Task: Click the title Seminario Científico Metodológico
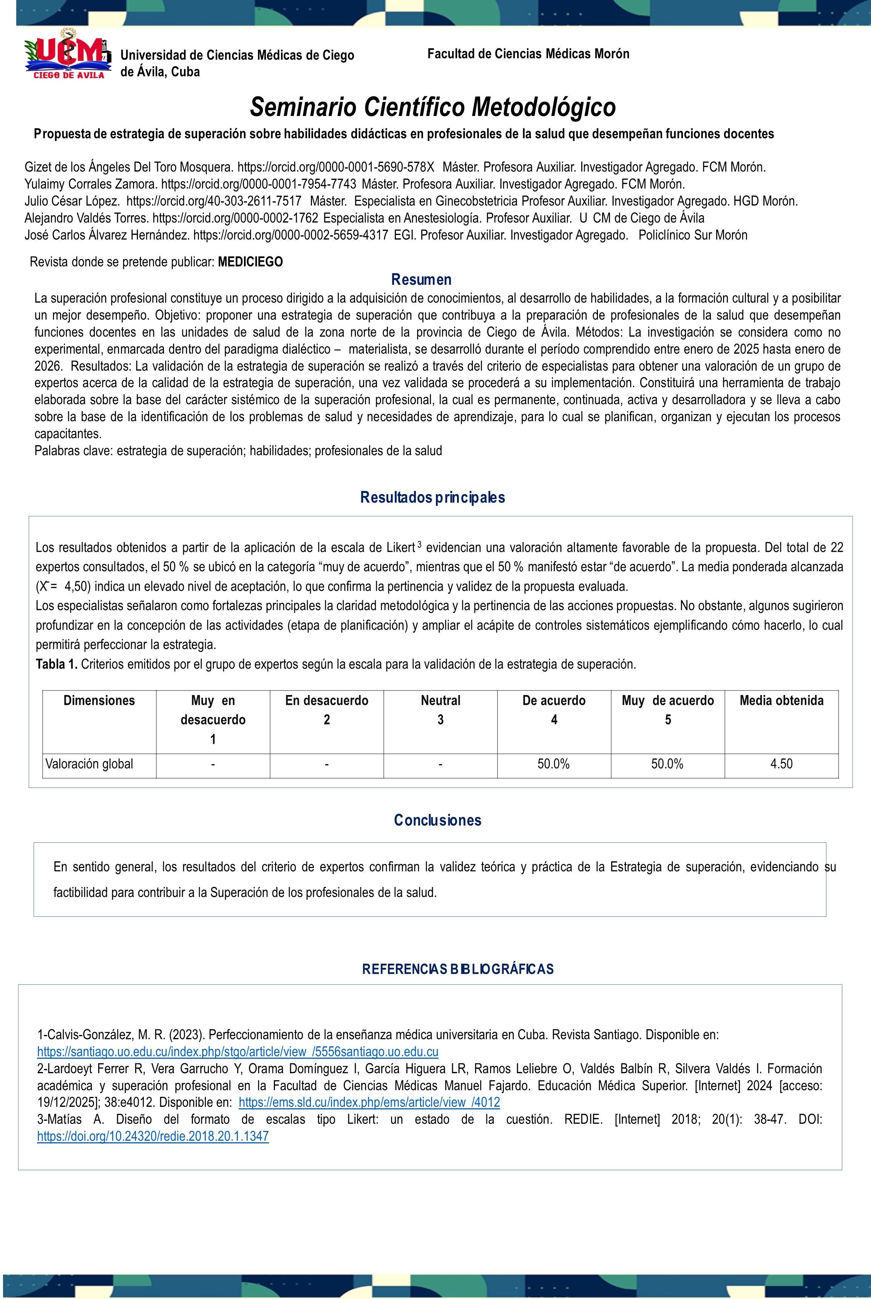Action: click(433, 107)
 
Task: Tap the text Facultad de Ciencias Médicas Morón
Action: click(528, 54)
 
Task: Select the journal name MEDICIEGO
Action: click(250, 262)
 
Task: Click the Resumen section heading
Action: click(421, 280)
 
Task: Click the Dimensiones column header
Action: click(99, 701)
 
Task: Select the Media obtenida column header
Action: click(781, 701)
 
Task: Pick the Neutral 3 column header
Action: click(440, 710)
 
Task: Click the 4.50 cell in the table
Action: click(781, 764)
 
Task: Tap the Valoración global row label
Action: click(90, 764)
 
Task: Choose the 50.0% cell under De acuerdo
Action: click(554, 764)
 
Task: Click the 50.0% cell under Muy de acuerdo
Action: click(667, 764)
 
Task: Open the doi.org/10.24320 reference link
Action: click(153, 1136)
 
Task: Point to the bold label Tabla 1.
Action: click(57, 664)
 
